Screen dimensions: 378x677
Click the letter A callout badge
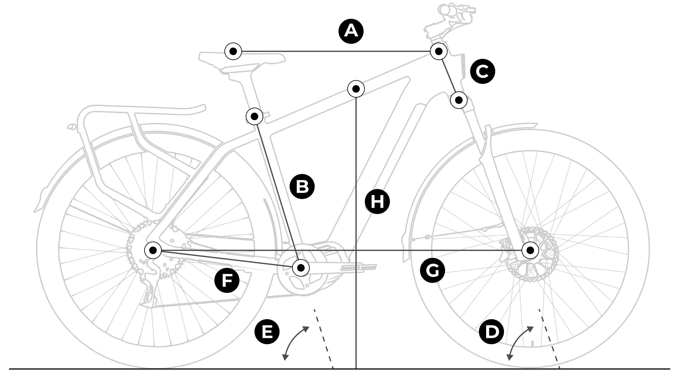351,31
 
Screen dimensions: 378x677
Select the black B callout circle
302,186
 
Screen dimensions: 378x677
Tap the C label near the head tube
483,72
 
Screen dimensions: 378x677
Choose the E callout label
267,332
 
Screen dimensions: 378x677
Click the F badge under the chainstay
227,280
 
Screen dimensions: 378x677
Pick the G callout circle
433,270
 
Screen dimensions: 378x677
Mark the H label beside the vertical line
377,202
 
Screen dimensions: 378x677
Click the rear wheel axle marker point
153,250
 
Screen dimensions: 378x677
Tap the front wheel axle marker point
530,250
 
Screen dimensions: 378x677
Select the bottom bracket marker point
301,268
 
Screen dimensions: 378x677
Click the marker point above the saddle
233,51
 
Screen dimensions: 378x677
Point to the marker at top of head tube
438,51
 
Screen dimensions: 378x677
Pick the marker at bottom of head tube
459,100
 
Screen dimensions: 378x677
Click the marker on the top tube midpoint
356,89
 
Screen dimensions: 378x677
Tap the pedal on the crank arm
359,267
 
